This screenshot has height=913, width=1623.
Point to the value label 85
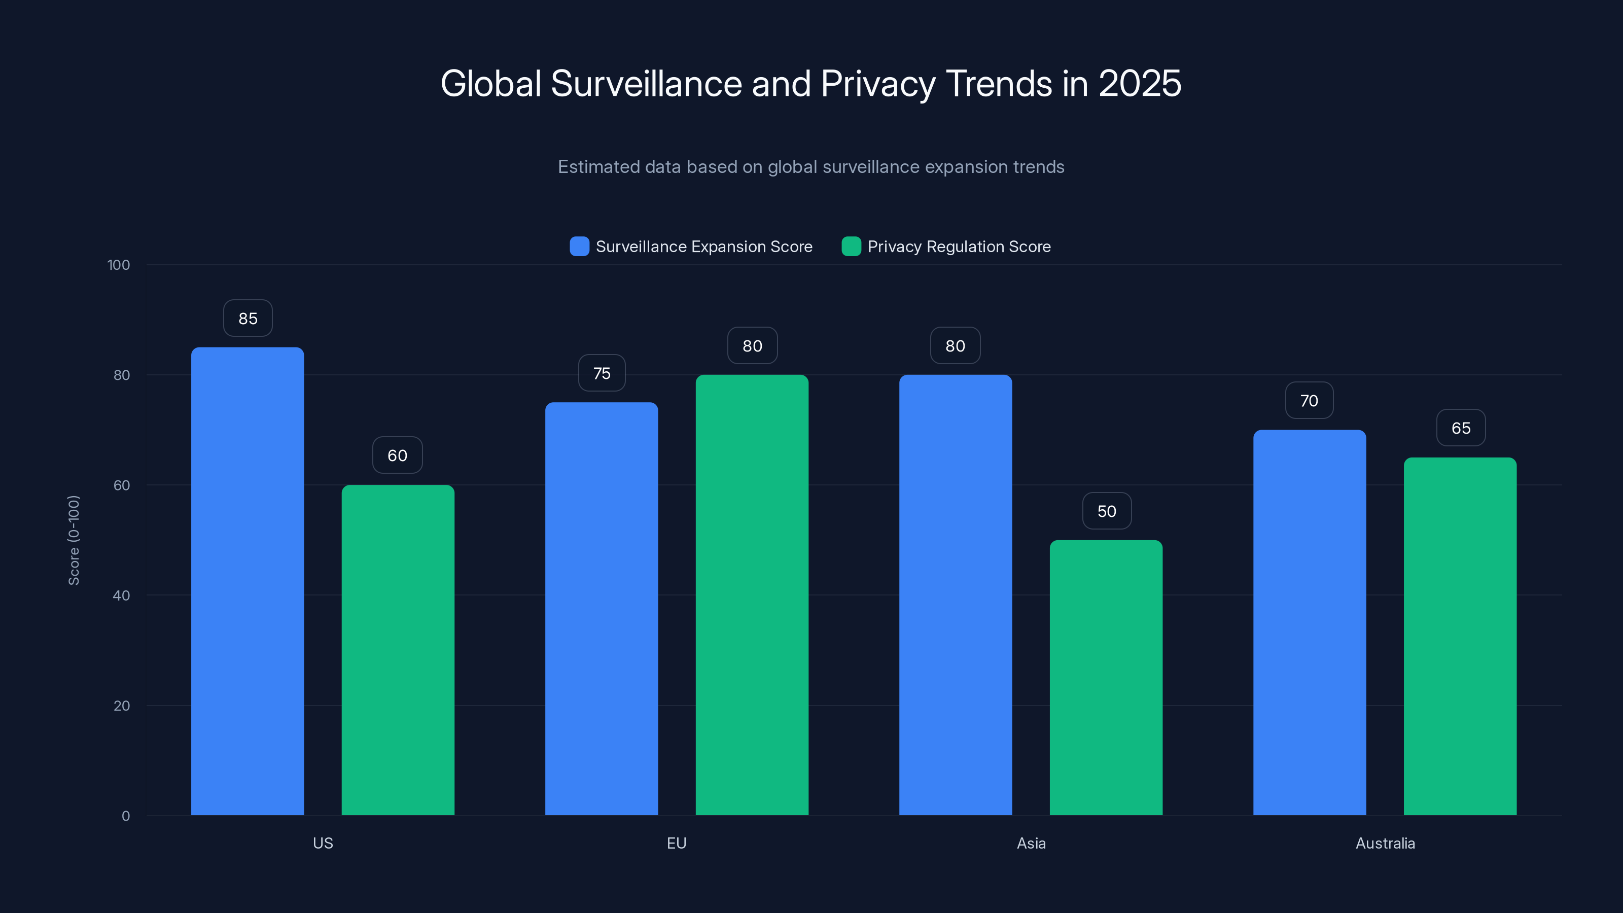point(248,318)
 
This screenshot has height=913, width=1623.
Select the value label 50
point(1106,511)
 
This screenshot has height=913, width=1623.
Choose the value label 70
point(1309,401)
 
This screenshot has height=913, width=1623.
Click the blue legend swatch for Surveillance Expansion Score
point(579,247)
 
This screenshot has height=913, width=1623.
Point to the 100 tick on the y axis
point(119,265)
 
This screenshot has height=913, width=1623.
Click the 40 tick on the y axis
point(122,595)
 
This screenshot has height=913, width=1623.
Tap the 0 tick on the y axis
point(125,816)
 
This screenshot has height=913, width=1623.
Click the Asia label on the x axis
point(1031,843)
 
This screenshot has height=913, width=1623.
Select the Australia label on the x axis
point(1385,843)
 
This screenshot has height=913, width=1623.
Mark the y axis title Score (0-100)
point(74,540)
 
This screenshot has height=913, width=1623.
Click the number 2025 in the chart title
point(1139,83)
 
